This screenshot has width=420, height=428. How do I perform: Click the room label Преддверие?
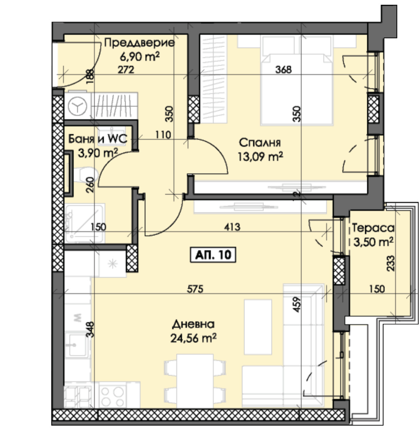tap(139, 43)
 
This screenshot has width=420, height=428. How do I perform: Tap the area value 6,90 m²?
tap(140, 57)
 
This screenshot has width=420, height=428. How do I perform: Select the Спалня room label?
tap(260, 143)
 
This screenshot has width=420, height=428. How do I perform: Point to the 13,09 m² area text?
tap(260, 157)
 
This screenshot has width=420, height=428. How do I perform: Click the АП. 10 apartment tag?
tap(213, 255)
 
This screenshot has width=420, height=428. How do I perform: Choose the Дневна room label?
tap(193, 324)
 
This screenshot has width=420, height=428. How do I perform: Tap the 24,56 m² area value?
tap(193, 338)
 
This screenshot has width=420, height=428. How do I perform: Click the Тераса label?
tap(373, 228)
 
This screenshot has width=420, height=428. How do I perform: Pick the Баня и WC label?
tap(98, 139)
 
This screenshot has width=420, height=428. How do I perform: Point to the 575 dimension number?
tap(195, 289)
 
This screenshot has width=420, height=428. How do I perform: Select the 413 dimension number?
tap(232, 227)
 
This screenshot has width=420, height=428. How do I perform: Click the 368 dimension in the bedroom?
tap(283, 70)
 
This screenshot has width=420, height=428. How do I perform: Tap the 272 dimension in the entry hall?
tap(126, 70)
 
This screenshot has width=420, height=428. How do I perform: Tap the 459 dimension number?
tap(297, 305)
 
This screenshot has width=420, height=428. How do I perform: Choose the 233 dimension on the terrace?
tap(391, 263)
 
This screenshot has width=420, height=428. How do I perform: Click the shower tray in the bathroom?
tap(85, 223)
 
